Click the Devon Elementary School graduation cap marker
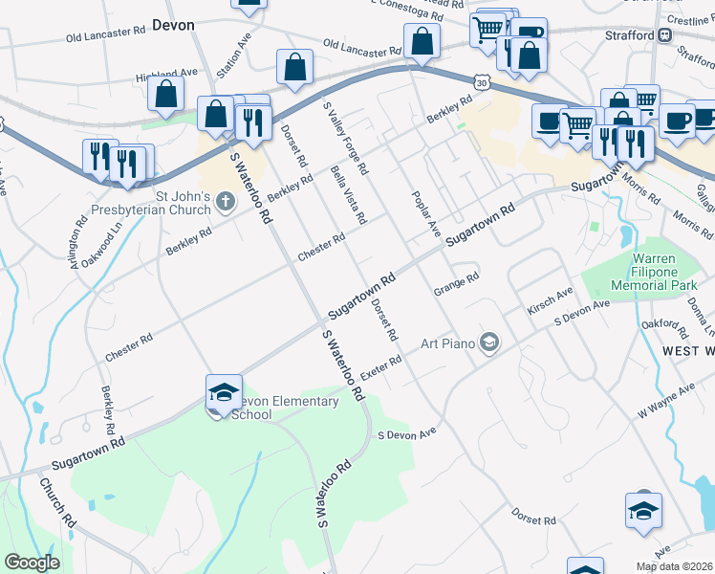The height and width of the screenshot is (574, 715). (224, 392)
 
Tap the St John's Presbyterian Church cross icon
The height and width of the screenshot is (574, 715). (225, 201)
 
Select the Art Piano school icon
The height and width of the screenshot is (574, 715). (489, 342)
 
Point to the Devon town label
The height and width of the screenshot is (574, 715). (173, 26)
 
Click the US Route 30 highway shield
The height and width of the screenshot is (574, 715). (484, 83)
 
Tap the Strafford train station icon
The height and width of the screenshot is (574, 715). (664, 35)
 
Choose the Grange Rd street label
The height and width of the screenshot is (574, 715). (455, 283)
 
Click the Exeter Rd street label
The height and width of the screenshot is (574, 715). (380, 367)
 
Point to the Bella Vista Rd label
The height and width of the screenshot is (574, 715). (348, 193)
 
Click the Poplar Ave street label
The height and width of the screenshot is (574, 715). (425, 215)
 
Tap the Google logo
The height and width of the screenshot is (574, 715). (32, 563)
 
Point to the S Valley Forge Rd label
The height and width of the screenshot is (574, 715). (345, 140)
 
